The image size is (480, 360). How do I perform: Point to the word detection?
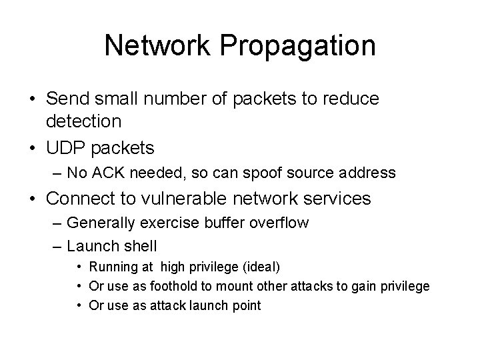pyautogui.click(x=84, y=121)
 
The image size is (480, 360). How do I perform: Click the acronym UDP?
pyautogui.click(x=65, y=147)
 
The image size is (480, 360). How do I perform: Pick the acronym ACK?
pyautogui.click(x=104, y=173)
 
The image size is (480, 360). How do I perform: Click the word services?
pyautogui.click(x=337, y=199)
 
